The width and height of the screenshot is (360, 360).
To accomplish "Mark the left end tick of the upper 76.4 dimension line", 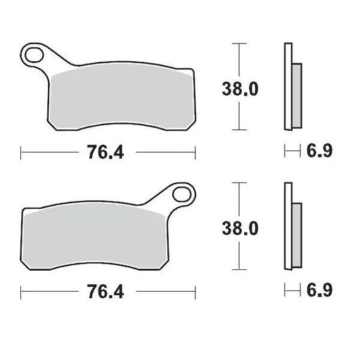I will [21, 151].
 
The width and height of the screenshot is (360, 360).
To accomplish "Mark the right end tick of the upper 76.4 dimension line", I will [195, 151].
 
